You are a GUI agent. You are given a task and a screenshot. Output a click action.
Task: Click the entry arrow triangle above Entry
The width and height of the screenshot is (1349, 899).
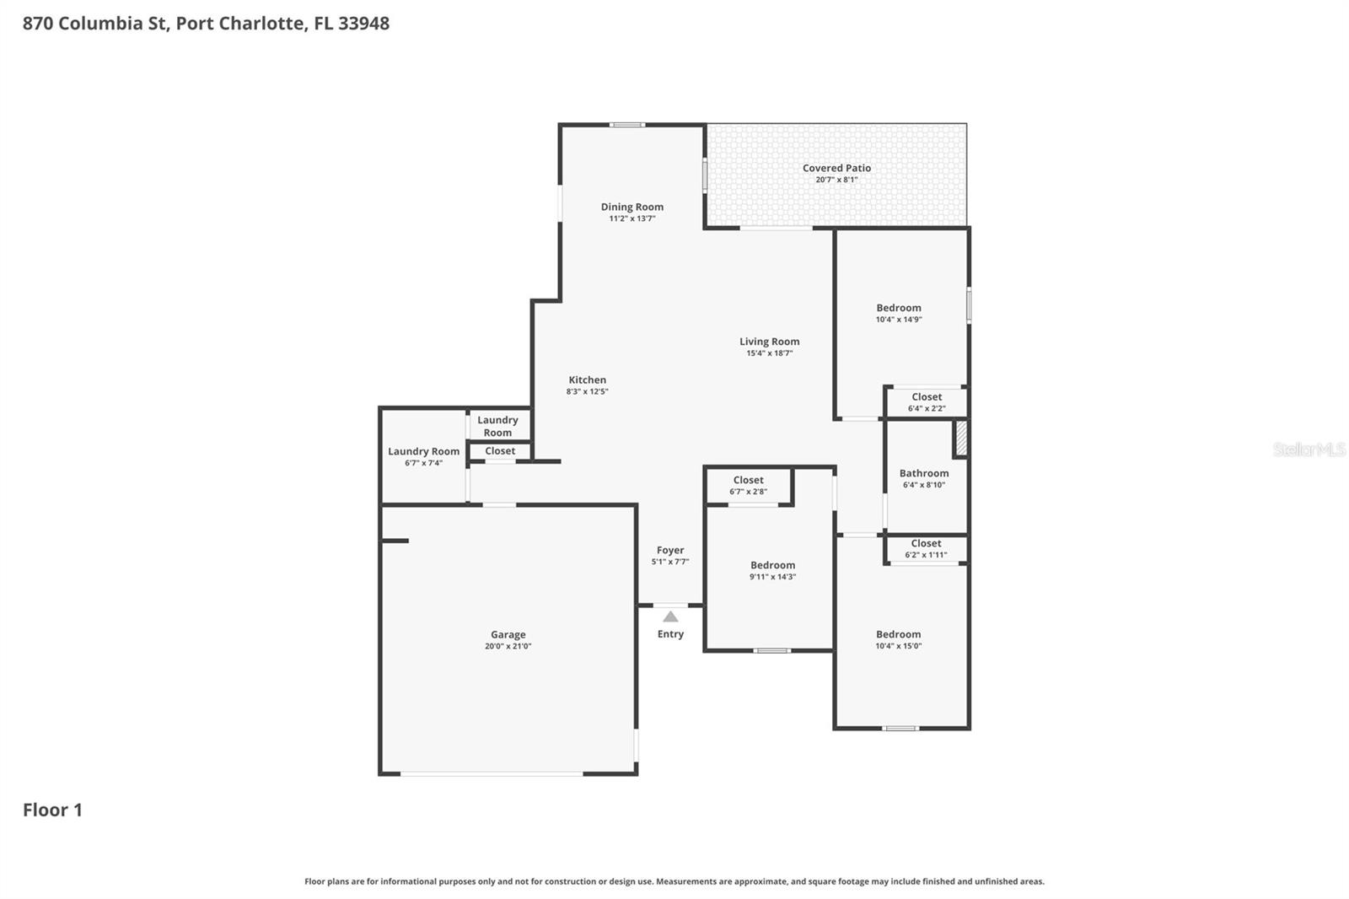670,616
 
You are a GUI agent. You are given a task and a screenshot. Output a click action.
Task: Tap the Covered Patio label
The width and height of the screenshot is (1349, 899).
836,168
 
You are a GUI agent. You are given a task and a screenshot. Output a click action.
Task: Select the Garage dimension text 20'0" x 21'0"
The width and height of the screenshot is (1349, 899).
508,647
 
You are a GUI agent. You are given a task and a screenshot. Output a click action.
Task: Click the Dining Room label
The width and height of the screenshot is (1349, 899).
632,207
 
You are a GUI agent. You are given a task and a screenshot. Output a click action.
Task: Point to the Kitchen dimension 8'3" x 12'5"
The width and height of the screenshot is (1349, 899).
587,391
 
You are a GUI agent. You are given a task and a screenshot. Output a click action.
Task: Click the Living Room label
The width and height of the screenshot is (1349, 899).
769,342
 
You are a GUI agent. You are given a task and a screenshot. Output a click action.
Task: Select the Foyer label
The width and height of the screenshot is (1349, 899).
670,550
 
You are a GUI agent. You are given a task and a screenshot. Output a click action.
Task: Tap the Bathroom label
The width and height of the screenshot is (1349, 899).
923,473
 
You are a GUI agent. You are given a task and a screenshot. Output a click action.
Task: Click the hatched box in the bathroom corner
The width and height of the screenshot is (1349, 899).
960,439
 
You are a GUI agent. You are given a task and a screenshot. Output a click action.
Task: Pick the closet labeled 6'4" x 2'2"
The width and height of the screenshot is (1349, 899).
926,402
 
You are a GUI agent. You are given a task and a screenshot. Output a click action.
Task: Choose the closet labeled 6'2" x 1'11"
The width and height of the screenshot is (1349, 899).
926,549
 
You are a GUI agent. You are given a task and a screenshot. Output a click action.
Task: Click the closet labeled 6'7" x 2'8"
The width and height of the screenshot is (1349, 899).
748,486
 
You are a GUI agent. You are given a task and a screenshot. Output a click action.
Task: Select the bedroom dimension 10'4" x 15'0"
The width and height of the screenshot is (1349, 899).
898,647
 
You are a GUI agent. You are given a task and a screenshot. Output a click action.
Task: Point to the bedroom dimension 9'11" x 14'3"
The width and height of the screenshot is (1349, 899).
772,577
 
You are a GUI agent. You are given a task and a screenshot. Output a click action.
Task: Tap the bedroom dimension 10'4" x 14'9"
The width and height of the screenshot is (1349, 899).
898,320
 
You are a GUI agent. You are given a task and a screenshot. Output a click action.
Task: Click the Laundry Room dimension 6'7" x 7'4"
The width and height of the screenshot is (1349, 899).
423,463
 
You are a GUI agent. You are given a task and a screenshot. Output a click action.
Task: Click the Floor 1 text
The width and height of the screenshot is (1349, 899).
52,810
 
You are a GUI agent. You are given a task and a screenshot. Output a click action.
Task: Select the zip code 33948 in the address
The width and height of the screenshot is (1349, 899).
363,23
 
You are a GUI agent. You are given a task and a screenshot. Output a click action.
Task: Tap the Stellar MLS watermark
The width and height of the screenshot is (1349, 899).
1309,449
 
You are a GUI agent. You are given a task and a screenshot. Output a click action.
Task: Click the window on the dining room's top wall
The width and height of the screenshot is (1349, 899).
627,125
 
